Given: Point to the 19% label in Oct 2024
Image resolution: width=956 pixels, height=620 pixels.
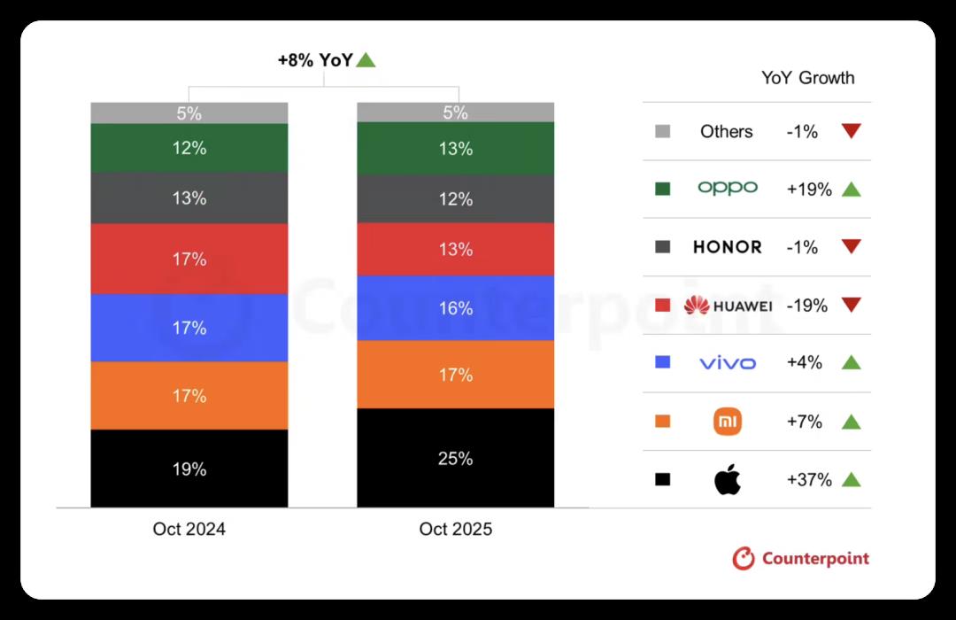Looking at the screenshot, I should pyautogui.click(x=189, y=469).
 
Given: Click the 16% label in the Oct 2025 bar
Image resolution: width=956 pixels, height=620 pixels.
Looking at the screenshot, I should pyautogui.click(x=455, y=308).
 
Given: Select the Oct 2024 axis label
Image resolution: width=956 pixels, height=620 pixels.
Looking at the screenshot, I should pyautogui.click(x=189, y=530).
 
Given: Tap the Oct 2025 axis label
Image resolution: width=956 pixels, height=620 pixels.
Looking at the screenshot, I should pyautogui.click(x=455, y=530).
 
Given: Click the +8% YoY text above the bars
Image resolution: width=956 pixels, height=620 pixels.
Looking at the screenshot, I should pyautogui.click(x=315, y=60).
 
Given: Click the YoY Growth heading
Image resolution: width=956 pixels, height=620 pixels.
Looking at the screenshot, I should pyautogui.click(x=807, y=78).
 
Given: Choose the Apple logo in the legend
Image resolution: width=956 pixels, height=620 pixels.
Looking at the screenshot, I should pyautogui.click(x=727, y=480).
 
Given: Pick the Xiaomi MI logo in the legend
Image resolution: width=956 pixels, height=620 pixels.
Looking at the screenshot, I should pyautogui.click(x=727, y=422).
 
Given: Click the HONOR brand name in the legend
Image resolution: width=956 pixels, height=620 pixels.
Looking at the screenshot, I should pyautogui.click(x=727, y=247).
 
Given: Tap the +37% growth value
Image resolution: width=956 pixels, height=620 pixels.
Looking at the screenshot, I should pyautogui.click(x=808, y=480).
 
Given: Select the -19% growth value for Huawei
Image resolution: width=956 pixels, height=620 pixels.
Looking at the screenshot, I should pyautogui.click(x=806, y=306).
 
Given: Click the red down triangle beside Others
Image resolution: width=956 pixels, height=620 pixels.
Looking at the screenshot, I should pyautogui.click(x=851, y=131).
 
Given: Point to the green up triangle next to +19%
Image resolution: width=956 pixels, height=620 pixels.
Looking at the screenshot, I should pyautogui.click(x=851, y=189).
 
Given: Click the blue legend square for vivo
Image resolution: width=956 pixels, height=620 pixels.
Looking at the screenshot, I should pyautogui.click(x=662, y=362).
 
